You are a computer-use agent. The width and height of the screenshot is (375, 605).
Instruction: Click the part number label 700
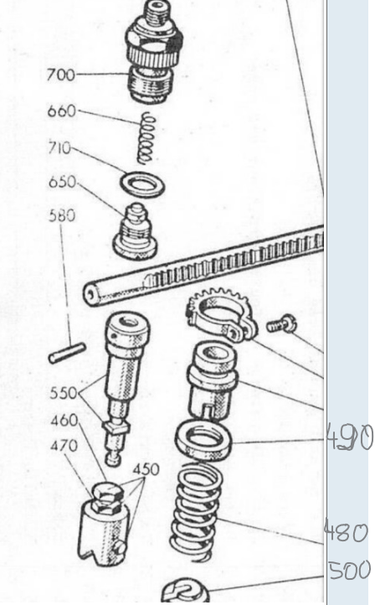[x=61, y=75]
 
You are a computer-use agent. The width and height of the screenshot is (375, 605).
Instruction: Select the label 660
[x=62, y=111]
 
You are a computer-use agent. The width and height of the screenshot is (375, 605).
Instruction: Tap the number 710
[x=59, y=147]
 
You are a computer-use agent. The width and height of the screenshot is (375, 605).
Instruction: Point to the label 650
[x=63, y=182]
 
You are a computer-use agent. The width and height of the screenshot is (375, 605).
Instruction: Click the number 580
[x=62, y=215]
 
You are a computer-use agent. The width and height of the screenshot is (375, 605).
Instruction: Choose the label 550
[x=64, y=393]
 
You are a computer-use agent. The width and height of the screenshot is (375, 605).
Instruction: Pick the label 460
[x=64, y=420]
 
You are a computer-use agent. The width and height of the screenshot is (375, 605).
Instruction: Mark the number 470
[x=64, y=446]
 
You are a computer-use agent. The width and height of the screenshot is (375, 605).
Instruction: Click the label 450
[x=146, y=469]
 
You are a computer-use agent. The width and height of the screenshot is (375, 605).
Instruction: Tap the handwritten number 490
[x=350, y=437]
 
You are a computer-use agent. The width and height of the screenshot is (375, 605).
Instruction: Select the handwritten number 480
[x=346, y=532]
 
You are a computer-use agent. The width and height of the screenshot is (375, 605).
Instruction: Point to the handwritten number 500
[x=350, y=570]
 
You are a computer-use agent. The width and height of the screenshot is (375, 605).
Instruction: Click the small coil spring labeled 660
[x=146, y=138]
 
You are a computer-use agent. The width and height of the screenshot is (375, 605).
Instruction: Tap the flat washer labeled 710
[x=143, y=184]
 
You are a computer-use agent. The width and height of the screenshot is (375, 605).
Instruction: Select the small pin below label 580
[x=67, y=353]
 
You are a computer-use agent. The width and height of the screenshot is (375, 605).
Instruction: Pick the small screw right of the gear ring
[x=282, y=324]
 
